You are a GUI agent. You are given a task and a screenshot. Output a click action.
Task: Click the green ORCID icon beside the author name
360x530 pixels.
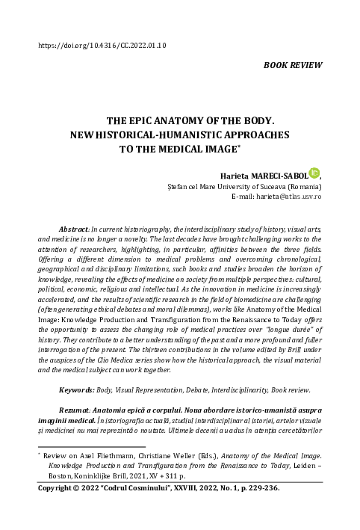click(314, 172)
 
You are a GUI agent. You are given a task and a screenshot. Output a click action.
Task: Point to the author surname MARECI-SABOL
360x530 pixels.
click(281, 174)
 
